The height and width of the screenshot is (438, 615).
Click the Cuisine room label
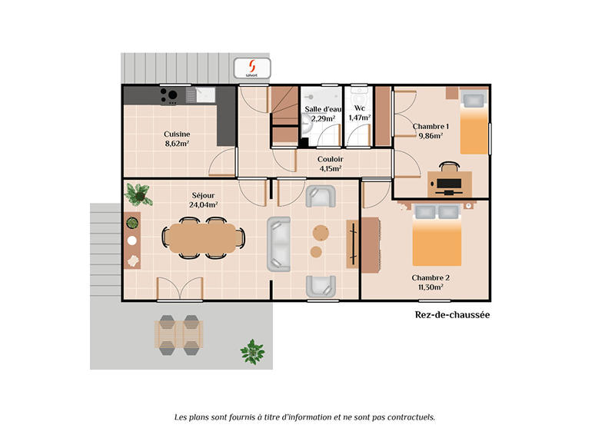point(177,134)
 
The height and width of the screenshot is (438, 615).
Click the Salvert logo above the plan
point(251,68)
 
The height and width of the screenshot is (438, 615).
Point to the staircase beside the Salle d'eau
point(284,115)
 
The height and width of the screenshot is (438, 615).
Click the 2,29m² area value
point(323,119)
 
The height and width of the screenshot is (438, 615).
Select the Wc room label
point(358,109)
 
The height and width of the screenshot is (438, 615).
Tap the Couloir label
point(331,159)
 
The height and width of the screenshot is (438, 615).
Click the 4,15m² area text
point(331,168)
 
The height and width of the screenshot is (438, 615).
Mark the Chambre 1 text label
point(430,126)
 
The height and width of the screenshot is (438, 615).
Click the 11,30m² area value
point(430,287)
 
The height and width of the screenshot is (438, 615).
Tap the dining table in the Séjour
point(203,237)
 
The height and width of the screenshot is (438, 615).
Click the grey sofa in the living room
point(278,244)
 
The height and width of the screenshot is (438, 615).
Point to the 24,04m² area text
point(204,205)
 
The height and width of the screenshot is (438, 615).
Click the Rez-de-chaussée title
point(452,315)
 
